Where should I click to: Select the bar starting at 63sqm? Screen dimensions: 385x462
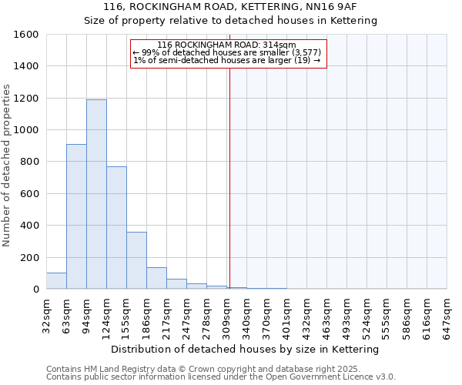(x=76, y=216)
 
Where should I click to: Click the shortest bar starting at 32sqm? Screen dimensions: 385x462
(x=56, y=281)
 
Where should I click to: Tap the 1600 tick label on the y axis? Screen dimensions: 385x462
(x=26, y=35)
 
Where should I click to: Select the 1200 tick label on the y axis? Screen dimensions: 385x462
(x=26, y=99)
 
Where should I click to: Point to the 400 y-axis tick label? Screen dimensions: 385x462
(x=29, y=226)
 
